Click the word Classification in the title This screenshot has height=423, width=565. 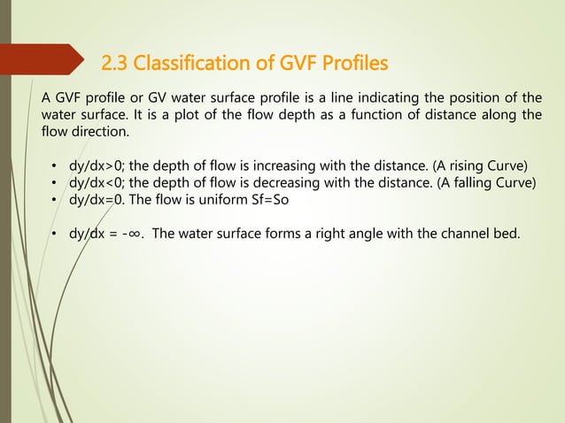pyautogui.click(x=189, y=65)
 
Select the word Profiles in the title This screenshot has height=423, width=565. pyautogui.click(x=345, y=65)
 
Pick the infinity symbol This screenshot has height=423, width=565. pyautogui.click(x=135, y=235)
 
